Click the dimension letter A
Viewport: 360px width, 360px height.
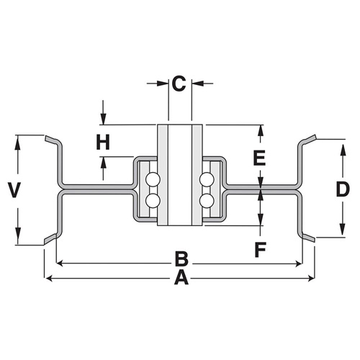[181, 277]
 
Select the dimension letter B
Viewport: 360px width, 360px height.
[181, 259]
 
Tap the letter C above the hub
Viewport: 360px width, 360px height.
[179, 84]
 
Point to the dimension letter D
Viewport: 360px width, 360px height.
[343, 189]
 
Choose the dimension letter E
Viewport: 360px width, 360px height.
[259, 158]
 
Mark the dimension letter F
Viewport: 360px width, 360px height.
[260, 250]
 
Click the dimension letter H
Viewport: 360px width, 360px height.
[103, 143]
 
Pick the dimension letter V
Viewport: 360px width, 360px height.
[14, 190]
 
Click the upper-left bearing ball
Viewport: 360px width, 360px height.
[153, 179]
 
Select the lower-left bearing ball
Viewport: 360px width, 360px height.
[153, 199]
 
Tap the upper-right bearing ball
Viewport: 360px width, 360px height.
[207, 179]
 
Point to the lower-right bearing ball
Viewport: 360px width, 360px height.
[207, 199]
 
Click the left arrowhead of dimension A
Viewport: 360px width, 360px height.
[49, 279]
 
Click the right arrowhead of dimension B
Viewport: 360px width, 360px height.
[298, 264]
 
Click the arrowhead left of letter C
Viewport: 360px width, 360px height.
[163, 84]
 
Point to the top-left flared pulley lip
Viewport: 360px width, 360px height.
[51, 139]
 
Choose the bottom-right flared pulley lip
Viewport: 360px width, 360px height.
[309, 238]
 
